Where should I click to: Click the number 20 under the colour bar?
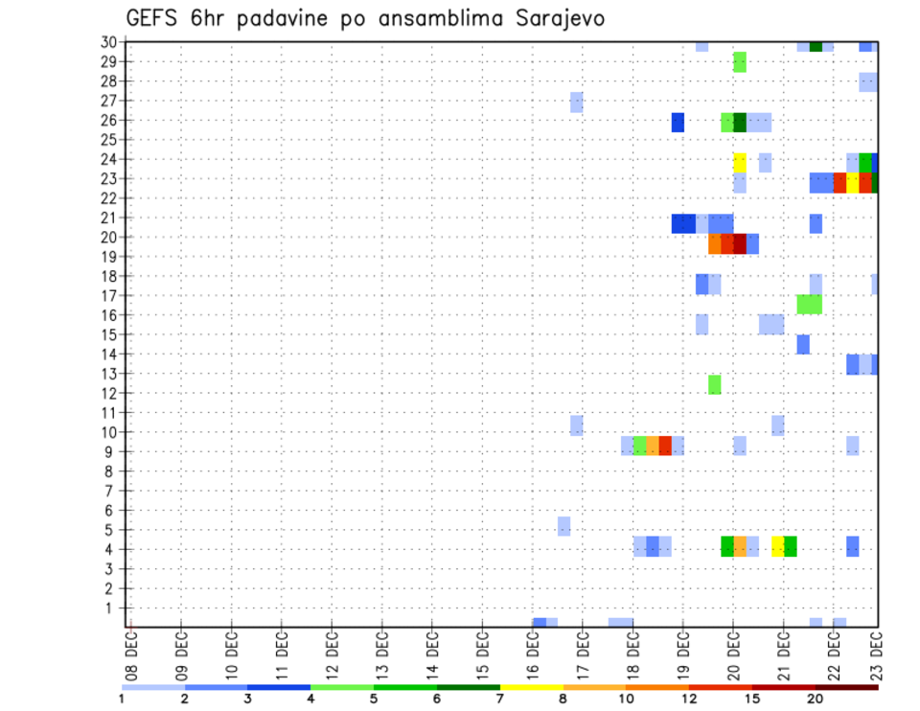coord(816,699)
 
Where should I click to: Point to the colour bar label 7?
coord(500,699)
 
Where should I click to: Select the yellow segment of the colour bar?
coord(531,686)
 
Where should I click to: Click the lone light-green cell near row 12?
coord(715,384)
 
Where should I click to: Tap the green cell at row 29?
coord(740,62)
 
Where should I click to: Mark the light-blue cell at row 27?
coord(577,102)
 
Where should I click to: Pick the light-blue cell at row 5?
coord(564,526)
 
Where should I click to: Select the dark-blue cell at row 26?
coord(678,123)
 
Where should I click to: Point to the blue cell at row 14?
coord(803,344)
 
